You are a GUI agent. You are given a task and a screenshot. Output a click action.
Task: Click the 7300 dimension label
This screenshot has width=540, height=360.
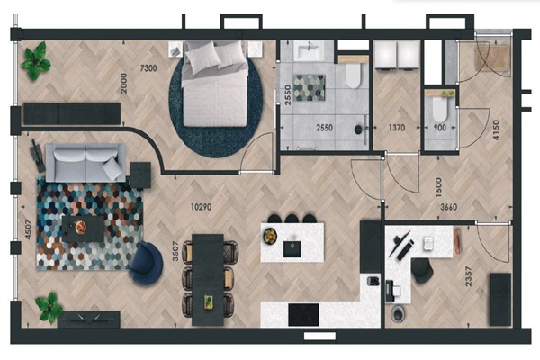tap(148, 68)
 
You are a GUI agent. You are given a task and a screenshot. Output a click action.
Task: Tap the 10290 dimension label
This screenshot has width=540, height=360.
tap(201, 207)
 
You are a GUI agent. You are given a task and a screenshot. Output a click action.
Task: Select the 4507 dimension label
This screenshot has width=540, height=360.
tap(28, 229)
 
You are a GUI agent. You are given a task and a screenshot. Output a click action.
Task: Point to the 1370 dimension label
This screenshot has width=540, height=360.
tap(396, 128)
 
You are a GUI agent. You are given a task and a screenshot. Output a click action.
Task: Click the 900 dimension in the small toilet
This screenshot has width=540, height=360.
tap(440, 128)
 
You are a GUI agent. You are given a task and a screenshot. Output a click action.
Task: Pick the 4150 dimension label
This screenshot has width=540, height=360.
tap(496, 130)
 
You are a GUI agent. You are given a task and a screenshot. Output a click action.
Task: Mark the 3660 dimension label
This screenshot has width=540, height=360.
tap(449, 207)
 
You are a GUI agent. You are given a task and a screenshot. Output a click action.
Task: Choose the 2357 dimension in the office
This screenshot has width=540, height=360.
tap(468, 276)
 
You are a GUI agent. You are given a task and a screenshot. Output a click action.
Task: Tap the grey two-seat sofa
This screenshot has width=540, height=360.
tap(85, 163)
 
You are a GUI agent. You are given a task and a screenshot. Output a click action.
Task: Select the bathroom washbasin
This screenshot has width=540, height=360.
tap(309, 50)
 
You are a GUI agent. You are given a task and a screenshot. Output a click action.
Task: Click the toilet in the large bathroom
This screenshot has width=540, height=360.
tap(354, 73)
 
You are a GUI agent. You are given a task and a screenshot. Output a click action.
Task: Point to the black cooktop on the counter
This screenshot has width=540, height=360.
tap(303, 314)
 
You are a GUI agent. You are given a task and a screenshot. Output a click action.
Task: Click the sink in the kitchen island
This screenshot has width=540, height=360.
tap(292, 248)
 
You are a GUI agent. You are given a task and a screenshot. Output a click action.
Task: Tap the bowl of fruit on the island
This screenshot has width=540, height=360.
tap(270, 237)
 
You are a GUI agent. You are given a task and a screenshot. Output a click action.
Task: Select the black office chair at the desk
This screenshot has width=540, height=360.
tap(422, 270)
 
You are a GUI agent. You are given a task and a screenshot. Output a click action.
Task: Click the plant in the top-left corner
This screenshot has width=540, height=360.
tap(35, 61)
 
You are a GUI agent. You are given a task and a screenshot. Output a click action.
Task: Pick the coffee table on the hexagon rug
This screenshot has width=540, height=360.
tap(83, 229)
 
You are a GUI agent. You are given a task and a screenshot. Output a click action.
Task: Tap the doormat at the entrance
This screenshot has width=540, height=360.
tap(492, 58)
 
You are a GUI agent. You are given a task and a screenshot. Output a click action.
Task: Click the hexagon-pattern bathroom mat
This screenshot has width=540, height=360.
tap(309, 88)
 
